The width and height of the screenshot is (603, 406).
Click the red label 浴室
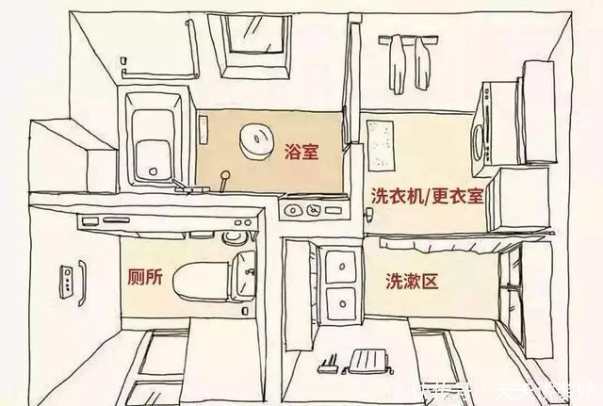pyautogui.click(x=300, y=151)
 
